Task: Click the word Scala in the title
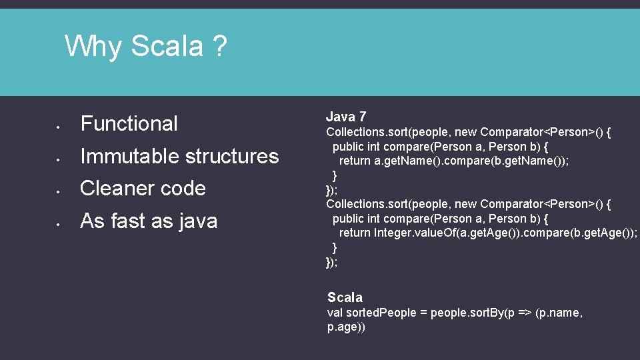click(167, 47)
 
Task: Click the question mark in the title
click(219, 47)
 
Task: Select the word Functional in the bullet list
click(129, 123)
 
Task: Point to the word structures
click(231, 156)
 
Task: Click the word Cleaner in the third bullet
click(114, 189)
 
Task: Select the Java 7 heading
click(346, 117)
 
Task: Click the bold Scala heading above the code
click(345, 297)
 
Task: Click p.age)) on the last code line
click(346, 327)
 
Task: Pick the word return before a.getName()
click(355, 161)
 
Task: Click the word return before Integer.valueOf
click(355, 233)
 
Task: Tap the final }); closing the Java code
click(331, 262)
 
